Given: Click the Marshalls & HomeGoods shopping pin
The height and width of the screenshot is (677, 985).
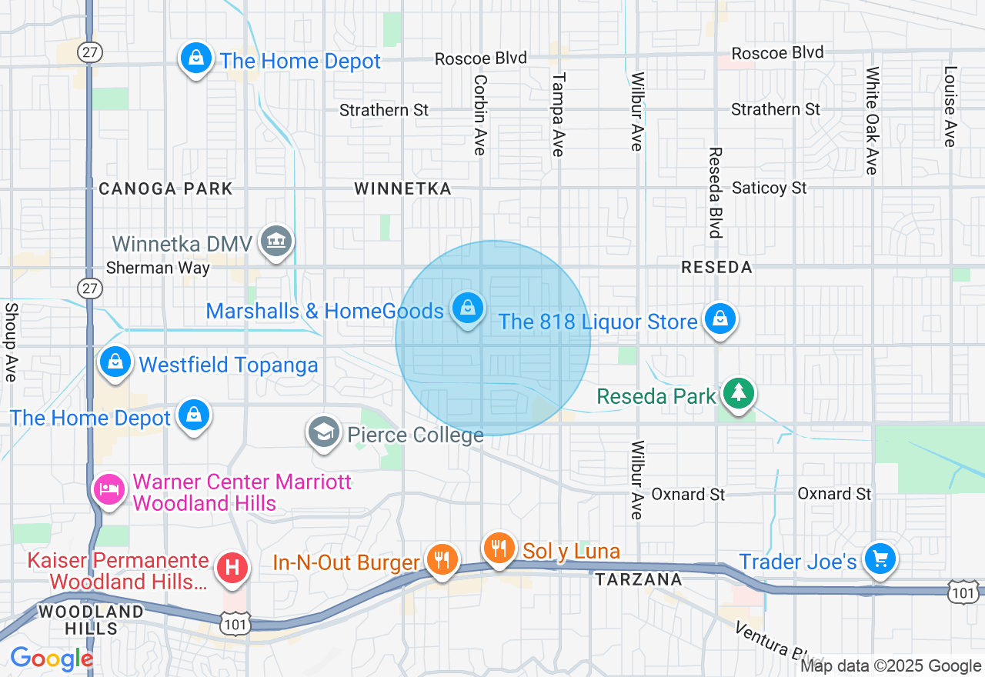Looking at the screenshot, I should [x=467, y=308].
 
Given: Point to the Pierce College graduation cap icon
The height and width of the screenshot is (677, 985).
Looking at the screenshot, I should [x=325, y=432].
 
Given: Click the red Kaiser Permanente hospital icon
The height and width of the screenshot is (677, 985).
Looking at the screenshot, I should [x=233, y=569].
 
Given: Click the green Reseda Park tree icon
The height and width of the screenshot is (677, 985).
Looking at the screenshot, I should [x=739, y=394].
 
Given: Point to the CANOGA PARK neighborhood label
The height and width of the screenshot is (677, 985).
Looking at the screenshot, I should [x=165, y=188].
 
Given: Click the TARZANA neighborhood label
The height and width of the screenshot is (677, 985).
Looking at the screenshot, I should [x=639, y=579].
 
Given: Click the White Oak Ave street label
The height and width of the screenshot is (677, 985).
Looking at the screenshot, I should [x=872, y=120].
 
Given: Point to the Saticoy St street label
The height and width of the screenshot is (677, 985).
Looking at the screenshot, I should [x=769, y=188].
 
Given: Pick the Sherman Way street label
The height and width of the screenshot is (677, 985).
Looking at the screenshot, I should [x=158, y=268].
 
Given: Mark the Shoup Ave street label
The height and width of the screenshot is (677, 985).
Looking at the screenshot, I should [x=11, y=342].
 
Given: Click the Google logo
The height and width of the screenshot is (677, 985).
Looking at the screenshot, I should [x=52, y=659].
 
